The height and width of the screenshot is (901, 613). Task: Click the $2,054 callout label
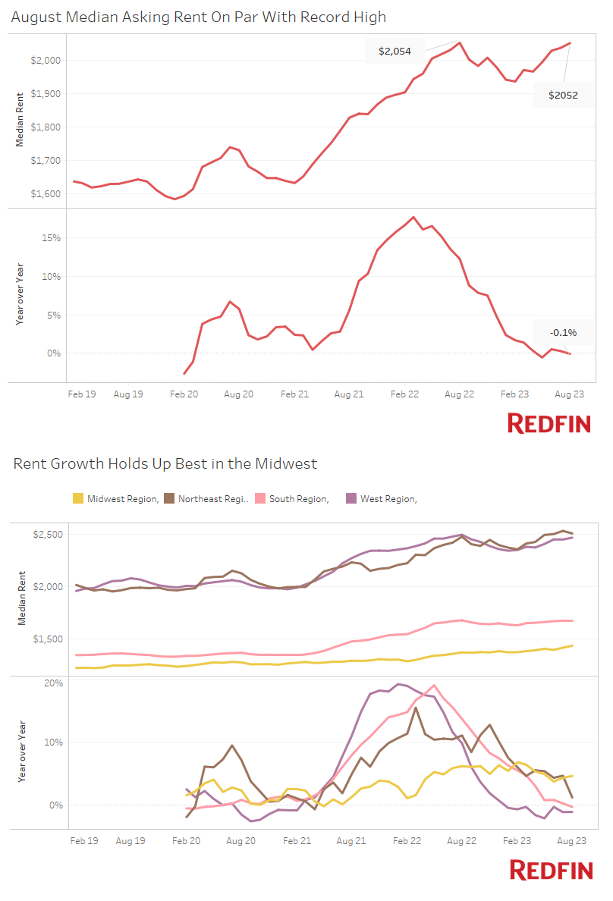[395, 52]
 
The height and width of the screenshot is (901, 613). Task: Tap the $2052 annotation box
[563, 95]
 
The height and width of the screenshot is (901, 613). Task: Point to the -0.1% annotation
[563, 332]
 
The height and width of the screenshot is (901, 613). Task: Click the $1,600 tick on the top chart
[46, 194]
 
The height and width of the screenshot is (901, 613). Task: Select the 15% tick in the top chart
[52, 238]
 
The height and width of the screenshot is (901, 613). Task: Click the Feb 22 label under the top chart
[404, 394]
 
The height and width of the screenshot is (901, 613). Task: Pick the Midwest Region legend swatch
[77, 498]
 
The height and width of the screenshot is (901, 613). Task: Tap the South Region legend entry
[297, 498]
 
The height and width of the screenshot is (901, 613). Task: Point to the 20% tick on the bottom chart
[53, 683]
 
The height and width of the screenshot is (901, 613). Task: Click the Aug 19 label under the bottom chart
[130, 840]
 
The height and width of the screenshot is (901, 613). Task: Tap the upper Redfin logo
[549, 423]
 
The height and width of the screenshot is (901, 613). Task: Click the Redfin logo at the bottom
[551, 870]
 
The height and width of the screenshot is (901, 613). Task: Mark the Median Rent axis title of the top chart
[20, 118]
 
